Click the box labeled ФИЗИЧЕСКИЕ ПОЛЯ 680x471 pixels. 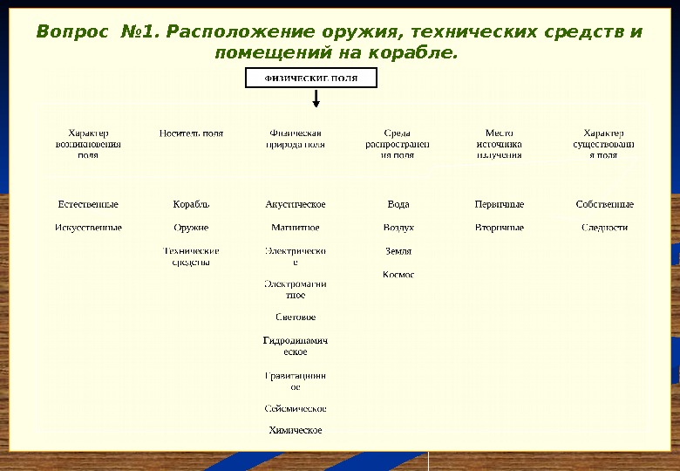pos(310,78)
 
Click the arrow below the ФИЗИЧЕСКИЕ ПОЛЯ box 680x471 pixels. pos(316,98)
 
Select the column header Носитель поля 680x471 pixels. pos(191,133)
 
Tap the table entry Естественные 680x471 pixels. pos(88,204)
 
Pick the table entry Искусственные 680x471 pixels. pos(88,228)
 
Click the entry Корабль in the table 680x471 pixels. pos(191,204)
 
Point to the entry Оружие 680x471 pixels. pos(191,228)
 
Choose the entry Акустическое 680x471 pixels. pos(296,204)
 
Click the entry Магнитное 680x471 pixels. pos(296,228)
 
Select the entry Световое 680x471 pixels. pos(296,317)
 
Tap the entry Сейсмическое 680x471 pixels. pos(296,408)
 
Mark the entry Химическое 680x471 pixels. pos(296,430)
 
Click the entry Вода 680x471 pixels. pos(398,204)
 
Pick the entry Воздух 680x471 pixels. pos(398,228)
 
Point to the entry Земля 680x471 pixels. pos(398,251)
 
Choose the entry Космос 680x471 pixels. pos(398,275)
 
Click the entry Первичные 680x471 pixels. pos(500,204)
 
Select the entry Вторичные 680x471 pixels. pos(500,228)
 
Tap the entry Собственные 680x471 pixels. pos(605,204)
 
